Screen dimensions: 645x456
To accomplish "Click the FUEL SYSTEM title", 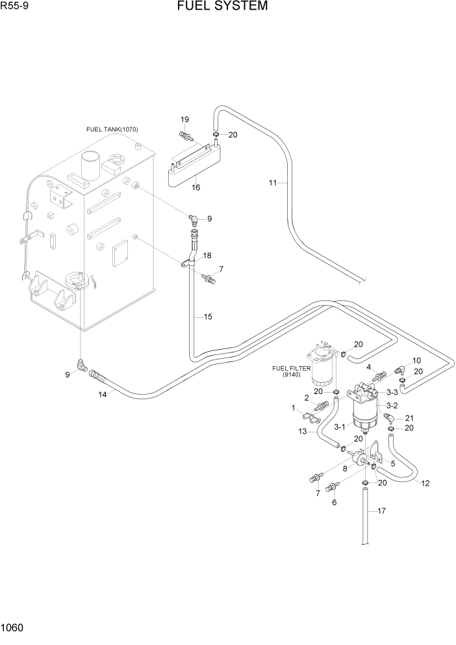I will tap(222, 7).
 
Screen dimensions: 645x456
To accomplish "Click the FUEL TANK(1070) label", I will tap(112, 129).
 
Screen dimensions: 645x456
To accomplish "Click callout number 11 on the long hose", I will tap(273, 183).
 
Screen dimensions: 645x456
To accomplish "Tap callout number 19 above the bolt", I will tap(184, 119).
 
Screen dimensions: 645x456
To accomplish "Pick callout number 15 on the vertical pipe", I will tap(208, 317).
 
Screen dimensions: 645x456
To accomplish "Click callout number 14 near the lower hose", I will tap(103, 394).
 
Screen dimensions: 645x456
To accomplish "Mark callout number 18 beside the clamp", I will tap(208, 256).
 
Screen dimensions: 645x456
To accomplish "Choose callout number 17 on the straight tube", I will tap(381, 511).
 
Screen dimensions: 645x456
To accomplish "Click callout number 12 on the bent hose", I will tap(425, 483).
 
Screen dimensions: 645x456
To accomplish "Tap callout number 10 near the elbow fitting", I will tap(416, 360).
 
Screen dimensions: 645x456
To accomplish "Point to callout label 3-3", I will tap(392, 392).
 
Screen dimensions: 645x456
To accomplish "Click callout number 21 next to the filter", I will tap(409, 418).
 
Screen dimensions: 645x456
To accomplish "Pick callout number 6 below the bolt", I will tap(334, 503).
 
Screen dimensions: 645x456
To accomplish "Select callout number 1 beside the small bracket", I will tap(294, 408).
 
